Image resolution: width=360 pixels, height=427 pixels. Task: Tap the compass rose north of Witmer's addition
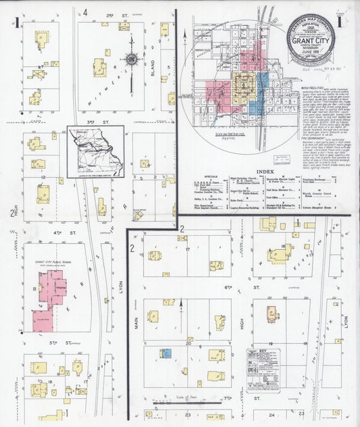pyautogui.click(x=132, y=59)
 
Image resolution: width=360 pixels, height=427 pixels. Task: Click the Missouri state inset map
pyautogui.click(x=95, y=151)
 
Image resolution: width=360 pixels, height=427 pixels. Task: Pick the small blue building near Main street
pyautogui.click(x=165, y=352)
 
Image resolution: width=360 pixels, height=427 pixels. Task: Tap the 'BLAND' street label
pyautogui.click(x=162, y=68)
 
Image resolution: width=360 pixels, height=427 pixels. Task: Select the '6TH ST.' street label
pyautogui.click(x=257, y=286)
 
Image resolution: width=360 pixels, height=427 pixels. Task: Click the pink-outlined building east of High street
pyautogui.click(x=272, y=313)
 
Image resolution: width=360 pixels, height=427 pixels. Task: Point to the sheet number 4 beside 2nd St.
pyautogui.click(x=85, y=11)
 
